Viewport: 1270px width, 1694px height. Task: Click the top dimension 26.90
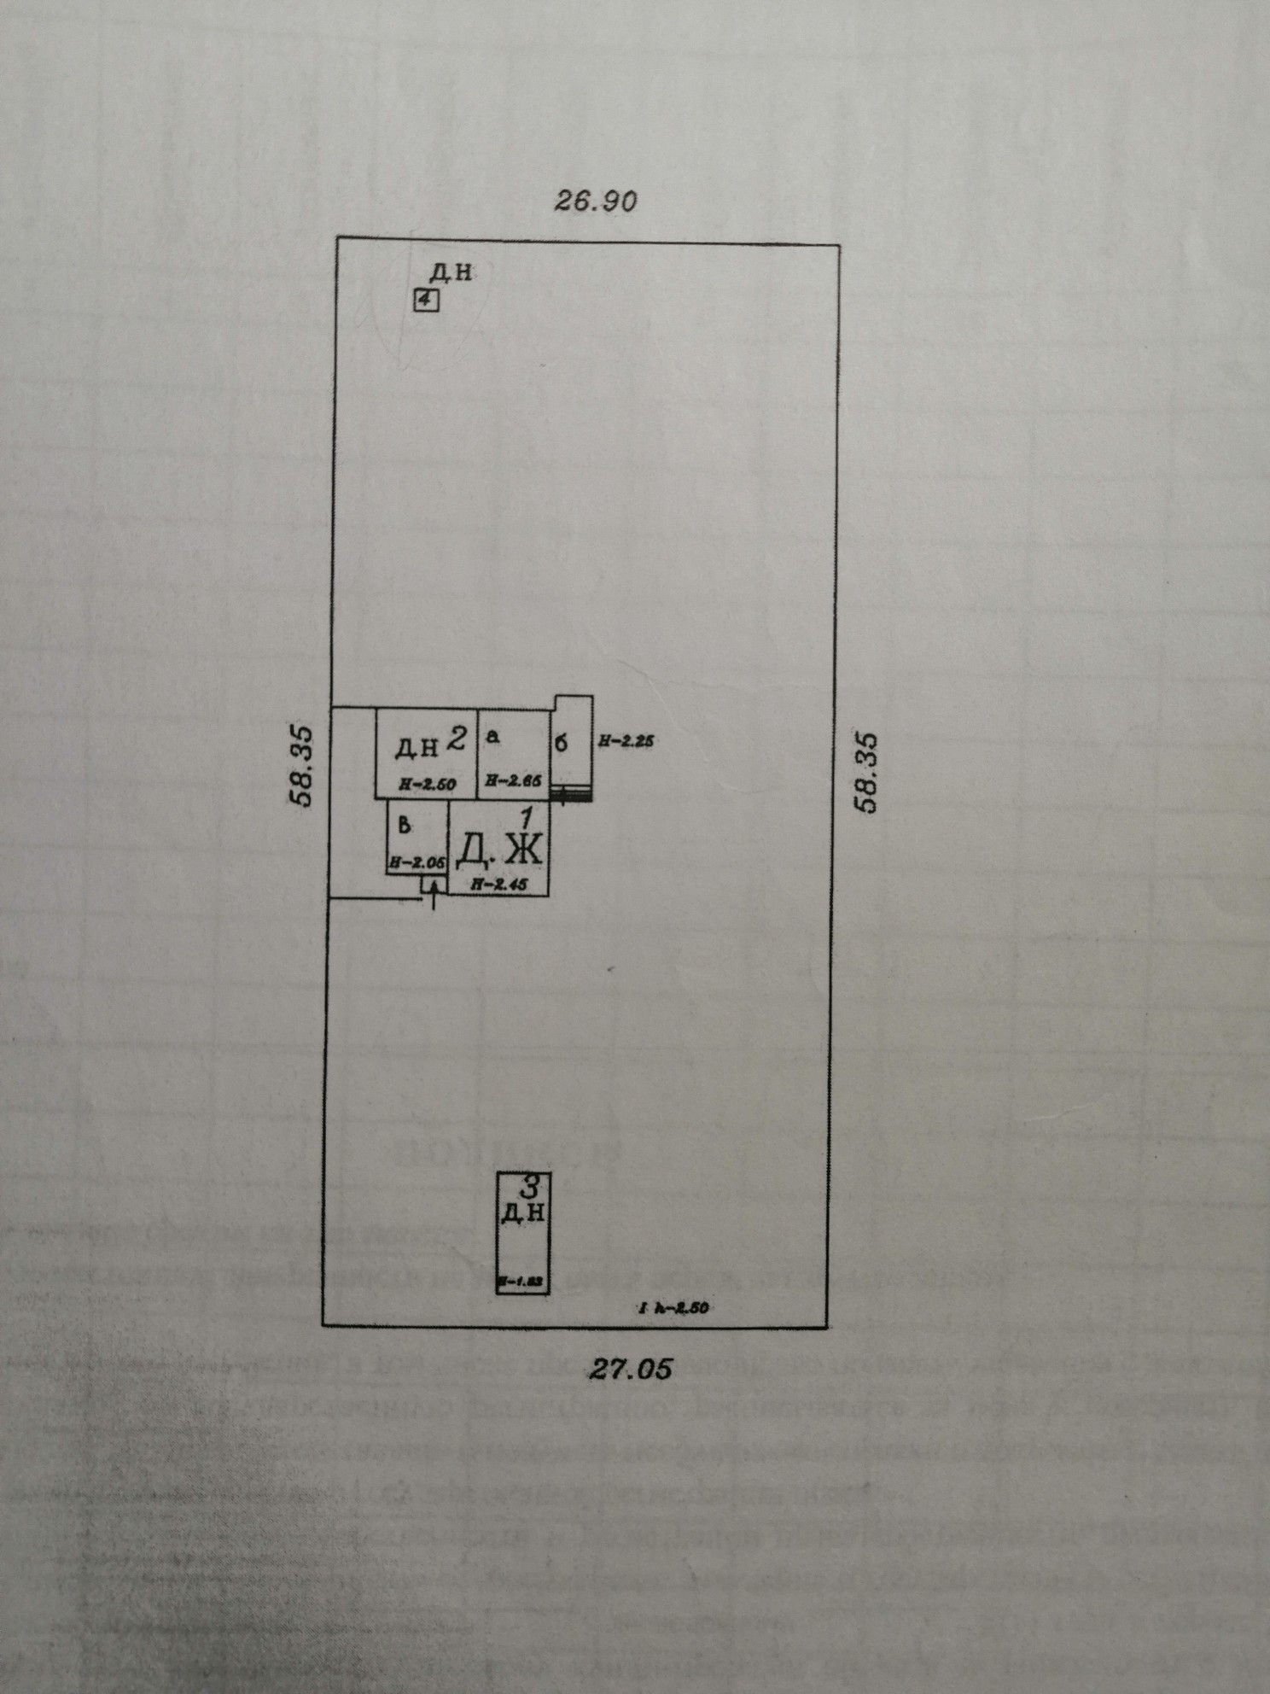(x=596, y=202)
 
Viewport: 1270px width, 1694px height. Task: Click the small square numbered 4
(x=426, y=301)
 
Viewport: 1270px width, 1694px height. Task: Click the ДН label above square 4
(x=450, y=273)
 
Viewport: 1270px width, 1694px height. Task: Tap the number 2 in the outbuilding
(x=457, y=736)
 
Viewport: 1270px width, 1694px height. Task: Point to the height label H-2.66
(x=514, y=780)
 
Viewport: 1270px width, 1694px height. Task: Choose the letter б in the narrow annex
(x=561, y=743)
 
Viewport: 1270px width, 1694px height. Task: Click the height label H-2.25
(x=626, y=742)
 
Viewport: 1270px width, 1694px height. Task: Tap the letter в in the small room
(x=405, y=825)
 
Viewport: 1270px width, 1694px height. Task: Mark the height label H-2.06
(x=417, y=862)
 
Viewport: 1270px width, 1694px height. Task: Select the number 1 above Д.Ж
(x=527, y=816)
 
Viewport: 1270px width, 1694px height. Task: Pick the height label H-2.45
(x=499, y=886)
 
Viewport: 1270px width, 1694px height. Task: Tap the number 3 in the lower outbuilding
(x=529, y=1185)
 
